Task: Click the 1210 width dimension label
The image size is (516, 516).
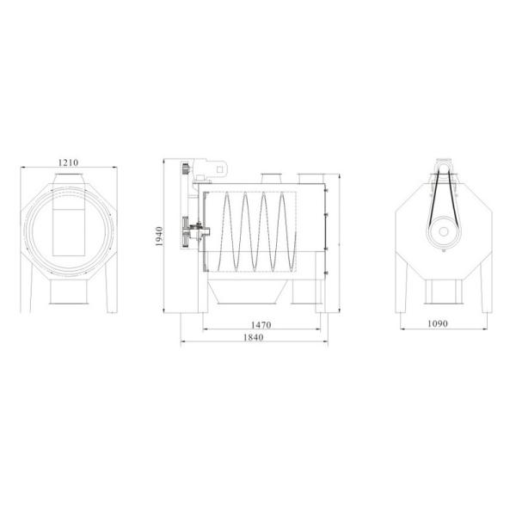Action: pos(69,163)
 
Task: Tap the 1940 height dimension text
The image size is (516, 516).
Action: pos(159,236)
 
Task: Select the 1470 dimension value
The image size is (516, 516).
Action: pos(261,325)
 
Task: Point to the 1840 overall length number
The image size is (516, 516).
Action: pos(254,338)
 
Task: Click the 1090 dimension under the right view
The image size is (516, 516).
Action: pos(438,324)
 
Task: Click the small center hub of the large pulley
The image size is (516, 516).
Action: pos(444,231)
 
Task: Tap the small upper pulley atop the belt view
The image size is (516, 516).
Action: pos(444,167)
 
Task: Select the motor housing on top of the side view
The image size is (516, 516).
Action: pos(211,169)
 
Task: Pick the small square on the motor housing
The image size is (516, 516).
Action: pos(220,169)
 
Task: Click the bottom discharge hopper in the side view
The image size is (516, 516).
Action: pos(246,292)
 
